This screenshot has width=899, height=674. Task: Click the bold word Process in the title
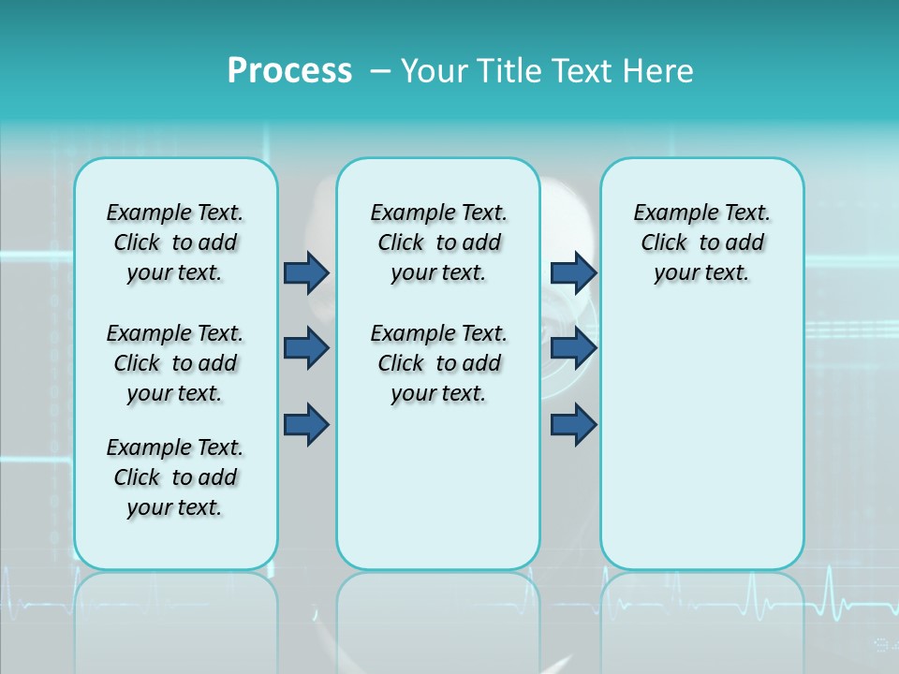pos(289,70)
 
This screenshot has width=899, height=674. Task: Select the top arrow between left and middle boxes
pos(306,272)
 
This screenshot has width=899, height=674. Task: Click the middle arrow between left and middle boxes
pos(306,348)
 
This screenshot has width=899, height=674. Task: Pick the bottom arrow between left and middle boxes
pos(306,424)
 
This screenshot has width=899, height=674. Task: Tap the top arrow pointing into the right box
pos(573,272)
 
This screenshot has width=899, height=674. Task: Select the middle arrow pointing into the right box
pos(573,348)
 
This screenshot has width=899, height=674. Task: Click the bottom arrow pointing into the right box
pos(573,424)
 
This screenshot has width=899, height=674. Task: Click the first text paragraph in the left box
pos(175,242)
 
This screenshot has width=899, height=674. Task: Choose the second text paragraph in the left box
pos(175,363)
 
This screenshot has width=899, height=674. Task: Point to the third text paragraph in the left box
pos(175,477)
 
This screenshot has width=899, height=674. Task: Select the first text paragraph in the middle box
pos(438,242)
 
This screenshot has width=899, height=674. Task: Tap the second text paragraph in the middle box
pos(438,363)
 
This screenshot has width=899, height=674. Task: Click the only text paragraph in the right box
pos(701,242)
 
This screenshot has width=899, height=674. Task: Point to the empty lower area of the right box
pos(701,440)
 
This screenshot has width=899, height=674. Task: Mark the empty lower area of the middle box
pos(438,487)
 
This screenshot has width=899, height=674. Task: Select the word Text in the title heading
pos(585,70)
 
